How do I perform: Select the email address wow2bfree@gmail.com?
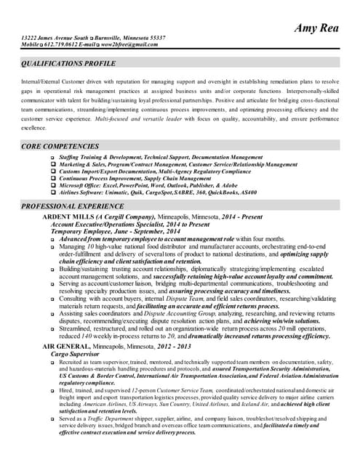pyautogui.click(x=130, y=44)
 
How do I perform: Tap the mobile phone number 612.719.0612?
pyautogui.click(x=65, y=44)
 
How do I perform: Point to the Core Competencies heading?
pyautogui.click(x=60, y=146)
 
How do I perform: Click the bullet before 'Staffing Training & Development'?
pyautogui.click(x=52, y=157)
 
